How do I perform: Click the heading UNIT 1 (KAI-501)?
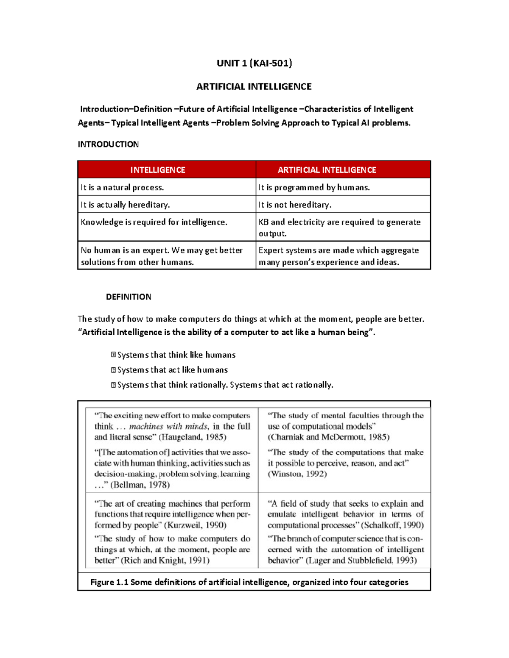(254, 63)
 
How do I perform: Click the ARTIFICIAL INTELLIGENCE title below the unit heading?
(254, 86)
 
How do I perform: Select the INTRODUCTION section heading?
(108, 144)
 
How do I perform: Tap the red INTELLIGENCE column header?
(158, 170)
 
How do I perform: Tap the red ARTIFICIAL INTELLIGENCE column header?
(327, 170)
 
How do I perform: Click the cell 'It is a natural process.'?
(122, 187)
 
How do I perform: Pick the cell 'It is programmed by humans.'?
(314, 187)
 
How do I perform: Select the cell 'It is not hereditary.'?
(295, 205)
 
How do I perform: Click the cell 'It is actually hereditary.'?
(125, 205)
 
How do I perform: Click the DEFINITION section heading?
(129, 297)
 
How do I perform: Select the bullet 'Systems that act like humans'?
(172, 370)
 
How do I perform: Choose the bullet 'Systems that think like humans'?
(176, 355)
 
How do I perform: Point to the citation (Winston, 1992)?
(297, 474)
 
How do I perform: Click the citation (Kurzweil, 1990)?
(195, 525)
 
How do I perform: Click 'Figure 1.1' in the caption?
(109, 582)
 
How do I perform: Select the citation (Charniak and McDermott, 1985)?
(328, 437)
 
